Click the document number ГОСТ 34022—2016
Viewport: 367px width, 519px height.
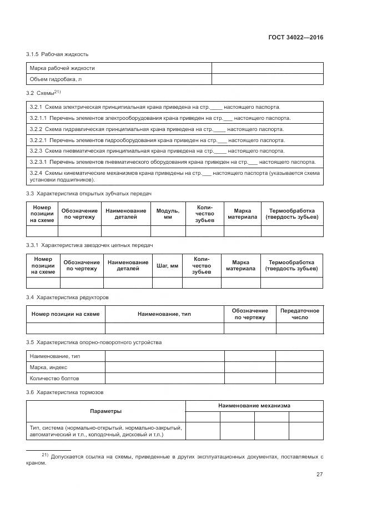coord(295,38)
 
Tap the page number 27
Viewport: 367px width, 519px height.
coord(319,474)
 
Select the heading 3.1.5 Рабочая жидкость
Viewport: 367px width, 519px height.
coord(57,54)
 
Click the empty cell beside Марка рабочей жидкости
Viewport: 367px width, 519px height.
coord(267,68)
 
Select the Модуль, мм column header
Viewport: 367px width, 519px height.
coord(168,214)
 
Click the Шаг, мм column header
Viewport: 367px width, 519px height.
coord(168,266)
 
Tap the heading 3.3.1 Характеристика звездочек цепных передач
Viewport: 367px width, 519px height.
coord(89,245)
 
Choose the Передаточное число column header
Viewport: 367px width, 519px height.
coord(300,314)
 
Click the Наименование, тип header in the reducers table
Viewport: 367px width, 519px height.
coord(164,314)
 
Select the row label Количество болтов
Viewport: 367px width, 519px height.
coord(54,378)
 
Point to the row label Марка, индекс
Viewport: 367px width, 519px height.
coord(48,367)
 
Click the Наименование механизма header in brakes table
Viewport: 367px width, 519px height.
coord(254,406)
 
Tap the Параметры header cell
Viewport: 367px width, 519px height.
coord(105,411)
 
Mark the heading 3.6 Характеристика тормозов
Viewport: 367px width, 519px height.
coord(64,392)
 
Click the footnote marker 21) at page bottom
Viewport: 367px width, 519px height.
coord(46,455)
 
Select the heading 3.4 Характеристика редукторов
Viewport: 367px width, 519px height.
coord(67,298)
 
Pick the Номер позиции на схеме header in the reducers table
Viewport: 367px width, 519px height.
coord(66,314)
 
